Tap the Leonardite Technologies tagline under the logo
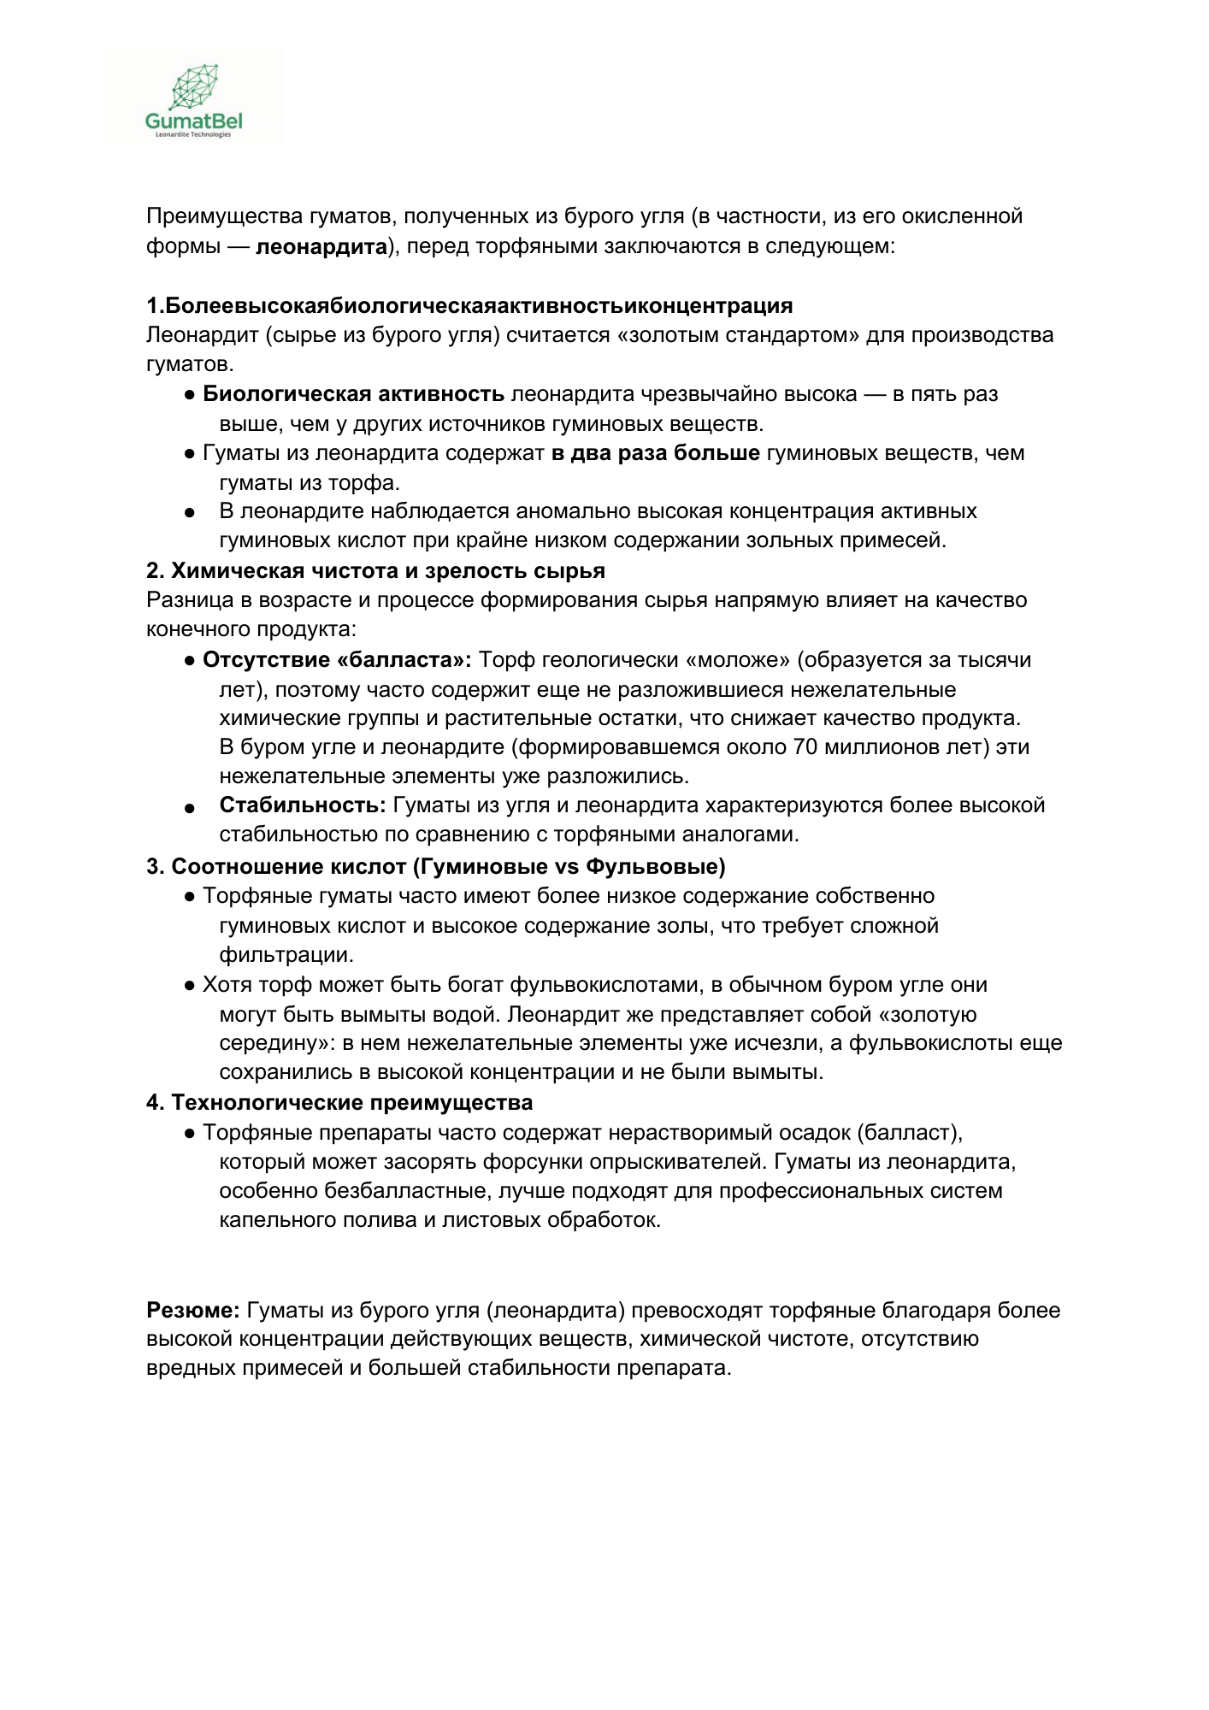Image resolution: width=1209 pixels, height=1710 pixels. [x=193, y=134]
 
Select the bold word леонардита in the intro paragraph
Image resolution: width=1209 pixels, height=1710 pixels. [x=321, y=247]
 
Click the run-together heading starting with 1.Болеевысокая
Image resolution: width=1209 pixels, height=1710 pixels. [x=469, y=306]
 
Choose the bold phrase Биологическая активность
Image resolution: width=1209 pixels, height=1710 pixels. [x=353, y=394]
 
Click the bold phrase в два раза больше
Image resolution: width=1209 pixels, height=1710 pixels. [x=655, y=453]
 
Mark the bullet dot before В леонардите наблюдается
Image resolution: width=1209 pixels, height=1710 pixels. [x=190, y=513]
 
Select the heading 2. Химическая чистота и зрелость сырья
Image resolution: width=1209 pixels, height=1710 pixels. [x=375, y=571]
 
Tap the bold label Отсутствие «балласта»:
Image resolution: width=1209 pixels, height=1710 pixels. [x=337, y=660]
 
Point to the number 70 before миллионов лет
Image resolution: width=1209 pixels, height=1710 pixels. [x=805, y=747]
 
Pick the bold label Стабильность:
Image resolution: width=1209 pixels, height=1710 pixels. [x=303, y=805]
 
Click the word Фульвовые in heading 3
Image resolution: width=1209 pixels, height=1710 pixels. [x=655, y=867]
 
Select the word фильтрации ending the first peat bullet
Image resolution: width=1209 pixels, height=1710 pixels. [x=286, y=955]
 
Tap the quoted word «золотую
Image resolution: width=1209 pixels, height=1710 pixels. [x=928, y=1015]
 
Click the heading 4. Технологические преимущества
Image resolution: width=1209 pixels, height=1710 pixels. [x=339, y=1103]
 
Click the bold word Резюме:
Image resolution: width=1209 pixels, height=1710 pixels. [x=193, y=1311]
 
